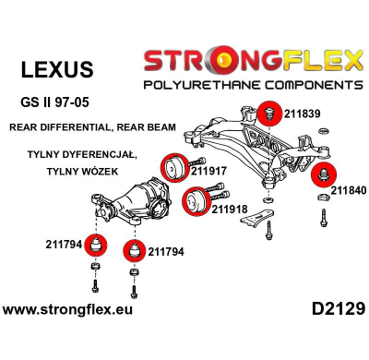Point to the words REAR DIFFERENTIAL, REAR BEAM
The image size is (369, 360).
click(x=84, y=126)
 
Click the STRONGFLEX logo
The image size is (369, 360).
click(x=250, y=63)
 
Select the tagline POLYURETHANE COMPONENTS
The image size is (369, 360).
click(x=250, y=85)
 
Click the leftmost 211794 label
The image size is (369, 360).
click(x=64, y=246)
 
